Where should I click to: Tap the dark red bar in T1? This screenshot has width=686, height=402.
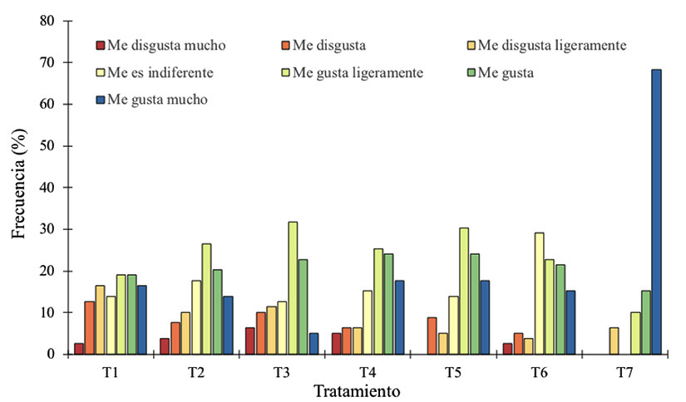click(78, 349)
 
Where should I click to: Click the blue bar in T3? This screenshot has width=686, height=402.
click(314, 344)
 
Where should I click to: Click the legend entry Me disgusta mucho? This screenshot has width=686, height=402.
click(159, 45)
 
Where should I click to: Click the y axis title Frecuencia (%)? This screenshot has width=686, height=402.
click(18, 187)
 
